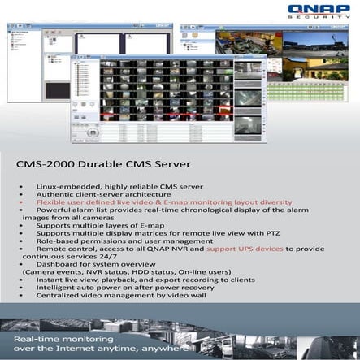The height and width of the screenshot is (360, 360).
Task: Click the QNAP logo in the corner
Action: coord(322,9)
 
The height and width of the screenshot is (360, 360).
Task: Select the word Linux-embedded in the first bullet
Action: coord(62,187)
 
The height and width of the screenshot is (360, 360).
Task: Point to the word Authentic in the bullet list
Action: coord(57,195)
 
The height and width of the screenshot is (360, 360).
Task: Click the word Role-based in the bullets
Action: coord(57,241)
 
